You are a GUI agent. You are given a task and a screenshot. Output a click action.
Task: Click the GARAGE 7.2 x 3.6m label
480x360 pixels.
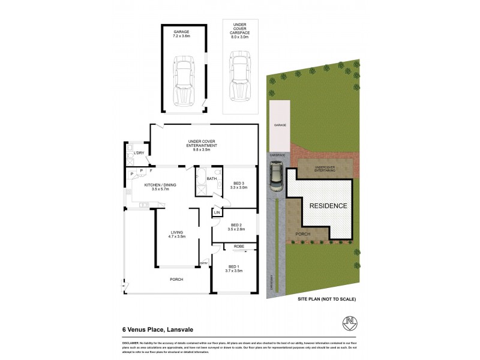click(x=181, y=34)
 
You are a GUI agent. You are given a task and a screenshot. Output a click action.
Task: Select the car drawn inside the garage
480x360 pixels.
click(x=184, y=80)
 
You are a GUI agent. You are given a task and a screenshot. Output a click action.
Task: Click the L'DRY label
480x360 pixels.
click(x=139, y=153)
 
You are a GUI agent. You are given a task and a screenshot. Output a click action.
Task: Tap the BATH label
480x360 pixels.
click(x=211, y=178)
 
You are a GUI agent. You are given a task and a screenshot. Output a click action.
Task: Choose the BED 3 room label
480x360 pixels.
click(x=239, y=185)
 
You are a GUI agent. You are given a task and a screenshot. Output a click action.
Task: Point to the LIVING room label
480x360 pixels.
click(x=176, y=234)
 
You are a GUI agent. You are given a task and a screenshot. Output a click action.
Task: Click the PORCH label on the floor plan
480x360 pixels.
click(x=176, y=279)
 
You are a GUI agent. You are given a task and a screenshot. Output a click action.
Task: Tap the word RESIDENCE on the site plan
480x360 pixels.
click(x=328, y=206)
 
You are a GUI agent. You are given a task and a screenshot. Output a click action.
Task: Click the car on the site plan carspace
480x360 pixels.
click(x=277, y=176)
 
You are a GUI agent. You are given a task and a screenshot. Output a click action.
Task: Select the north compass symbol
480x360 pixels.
click(x=350, y=322)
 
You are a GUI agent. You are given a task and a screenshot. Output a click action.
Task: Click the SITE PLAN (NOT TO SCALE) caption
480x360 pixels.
click(x=327, y=298)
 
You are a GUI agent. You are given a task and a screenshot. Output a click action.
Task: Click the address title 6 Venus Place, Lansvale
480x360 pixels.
click(x=155, y=329)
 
